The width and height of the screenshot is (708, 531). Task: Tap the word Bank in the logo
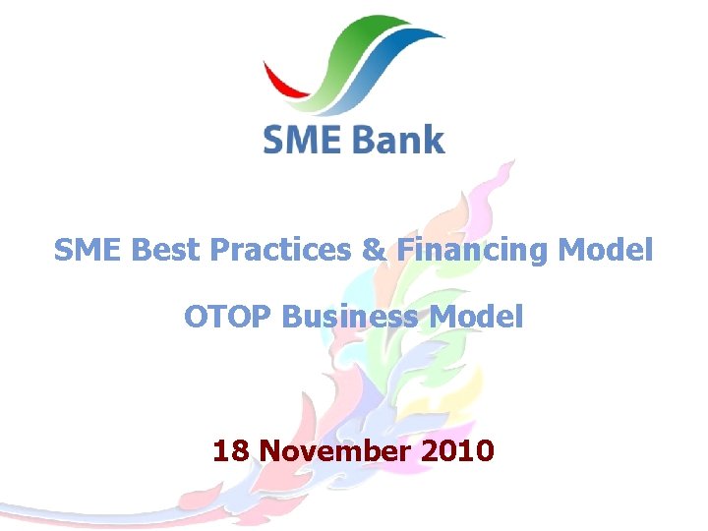tap(398, 140)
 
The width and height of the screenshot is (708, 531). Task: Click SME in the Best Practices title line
tap(89, 251)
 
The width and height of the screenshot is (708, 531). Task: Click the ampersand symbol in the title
tap(375, 251)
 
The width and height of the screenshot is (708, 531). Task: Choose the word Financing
tap(474, 252)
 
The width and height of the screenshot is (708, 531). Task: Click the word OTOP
tap(228, 317)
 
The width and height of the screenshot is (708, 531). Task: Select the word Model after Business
tap(482, 317)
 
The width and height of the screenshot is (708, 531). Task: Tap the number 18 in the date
tap(231, 451)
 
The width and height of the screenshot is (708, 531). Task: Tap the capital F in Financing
tap(405, 251)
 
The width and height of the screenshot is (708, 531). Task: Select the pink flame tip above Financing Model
tap(503, 177)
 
